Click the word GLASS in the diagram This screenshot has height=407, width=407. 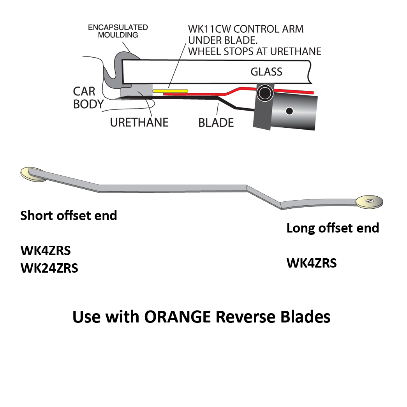pyautogui.click(x=266, y=72)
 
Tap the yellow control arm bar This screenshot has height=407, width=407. pyautogui.click(x=170, y=91)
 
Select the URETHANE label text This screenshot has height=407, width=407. pyautogui.click(x=139, y=122)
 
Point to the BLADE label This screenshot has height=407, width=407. pyautogui.click(x=216, y=123)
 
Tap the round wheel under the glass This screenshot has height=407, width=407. pyautogui.click(x=265, y=93)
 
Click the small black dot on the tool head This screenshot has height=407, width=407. pyautogui.click(x=289, y=111)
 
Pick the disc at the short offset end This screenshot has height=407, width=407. pyautogui.click(x=32, y=174)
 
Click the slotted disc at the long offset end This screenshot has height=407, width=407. pyautogui.click(x=370, y=201)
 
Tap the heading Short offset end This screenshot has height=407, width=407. pyautogui.click(x=69, y=215)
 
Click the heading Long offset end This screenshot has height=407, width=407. pyautogui.click(x=333, y=228)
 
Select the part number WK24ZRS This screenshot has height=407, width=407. pyautogui.click(x=49, y=268)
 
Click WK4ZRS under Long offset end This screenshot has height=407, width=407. pyautogui.click(x=312, y=263)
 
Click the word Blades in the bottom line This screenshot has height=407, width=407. pyautogui.click(x=304, y=317)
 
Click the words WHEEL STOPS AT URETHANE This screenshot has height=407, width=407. pyautogui.click(x=255, y=51)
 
